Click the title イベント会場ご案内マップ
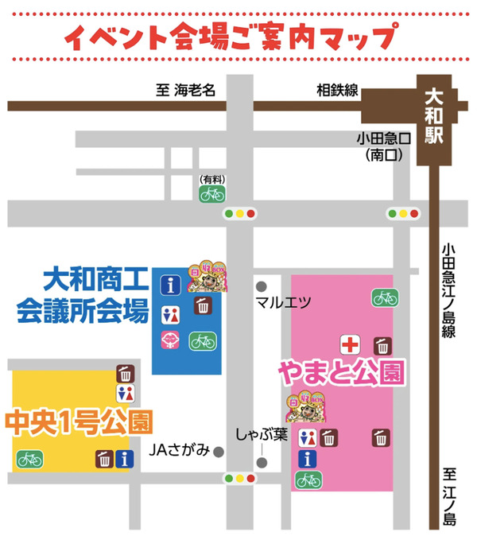[x=231, y=35]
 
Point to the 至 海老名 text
[x=186, y=91]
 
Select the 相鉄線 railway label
[x=338, y=91]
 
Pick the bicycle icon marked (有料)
[x=211, y=192]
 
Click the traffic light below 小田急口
[x=402, y=213]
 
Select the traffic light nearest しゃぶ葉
[x=239, y=479]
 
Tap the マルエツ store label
[x=277, y=302]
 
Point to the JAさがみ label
[x=180, y=451]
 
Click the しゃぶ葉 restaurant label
[x=259, y=435]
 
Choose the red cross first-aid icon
[x=351, y=345]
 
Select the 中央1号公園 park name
[x=79, y=419]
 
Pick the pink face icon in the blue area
[x=172, y=340]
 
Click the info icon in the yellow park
[x=124, y=459]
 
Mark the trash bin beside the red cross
[x=383, y=345]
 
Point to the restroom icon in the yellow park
[x=126, y=393]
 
